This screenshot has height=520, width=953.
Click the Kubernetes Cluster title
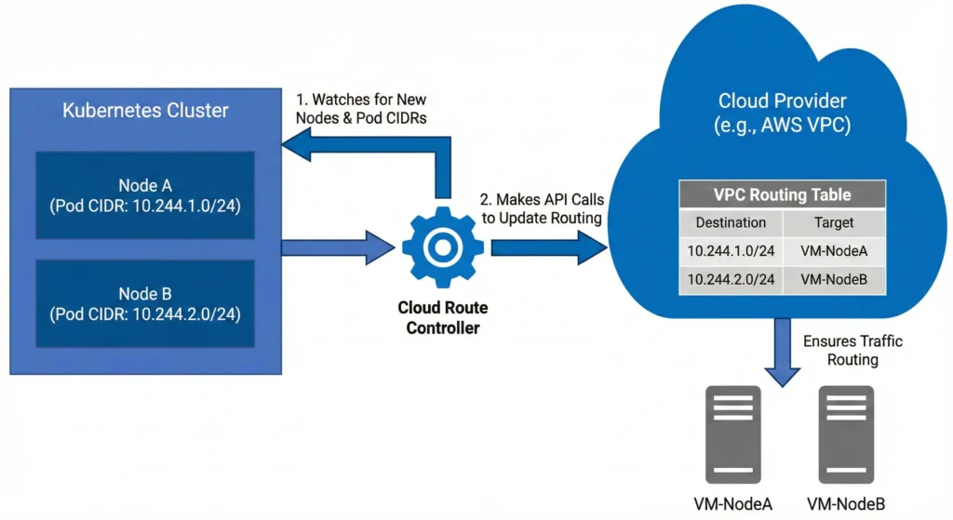[145, 111]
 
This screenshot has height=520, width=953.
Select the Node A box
[146, 193]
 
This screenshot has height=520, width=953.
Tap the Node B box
[146, 302]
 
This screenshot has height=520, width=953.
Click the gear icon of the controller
[442, 247]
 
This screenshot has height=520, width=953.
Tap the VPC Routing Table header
[782, 195]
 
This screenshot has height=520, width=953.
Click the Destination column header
[731, 223]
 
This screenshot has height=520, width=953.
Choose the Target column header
[834, 223]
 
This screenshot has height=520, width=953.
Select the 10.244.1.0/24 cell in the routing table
[731, 251]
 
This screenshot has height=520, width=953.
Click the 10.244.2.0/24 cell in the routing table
[731, 280]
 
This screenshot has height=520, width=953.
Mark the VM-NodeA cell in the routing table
[834, 251]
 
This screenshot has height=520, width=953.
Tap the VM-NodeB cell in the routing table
[834, 280]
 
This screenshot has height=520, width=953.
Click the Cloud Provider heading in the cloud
[782, 112]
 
